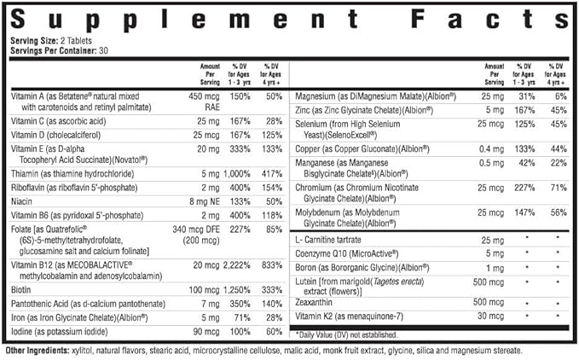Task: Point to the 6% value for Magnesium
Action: [561, 96]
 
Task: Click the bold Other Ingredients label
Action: [37, 351]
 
